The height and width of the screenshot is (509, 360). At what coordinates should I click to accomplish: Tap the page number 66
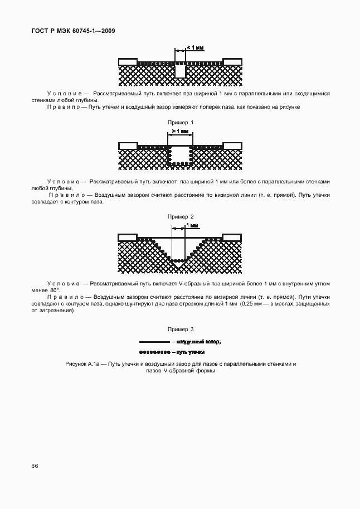point(35,465)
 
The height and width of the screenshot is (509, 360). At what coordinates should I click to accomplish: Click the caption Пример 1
point(180,122)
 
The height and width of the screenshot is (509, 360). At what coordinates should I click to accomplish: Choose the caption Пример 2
point(180,216)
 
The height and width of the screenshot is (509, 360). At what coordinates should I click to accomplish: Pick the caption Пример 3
point(180,329)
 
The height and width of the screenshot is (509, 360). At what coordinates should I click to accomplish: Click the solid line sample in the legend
point(154,342)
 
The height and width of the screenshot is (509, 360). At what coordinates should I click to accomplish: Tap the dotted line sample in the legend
point(154,352)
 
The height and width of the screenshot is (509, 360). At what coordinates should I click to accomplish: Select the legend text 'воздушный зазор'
point(198,342)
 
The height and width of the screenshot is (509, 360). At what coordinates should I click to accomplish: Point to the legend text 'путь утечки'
point(191,352)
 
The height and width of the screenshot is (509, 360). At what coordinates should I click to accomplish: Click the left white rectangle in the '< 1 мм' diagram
point(128,61)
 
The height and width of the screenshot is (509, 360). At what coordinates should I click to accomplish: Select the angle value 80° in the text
point(54,290)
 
